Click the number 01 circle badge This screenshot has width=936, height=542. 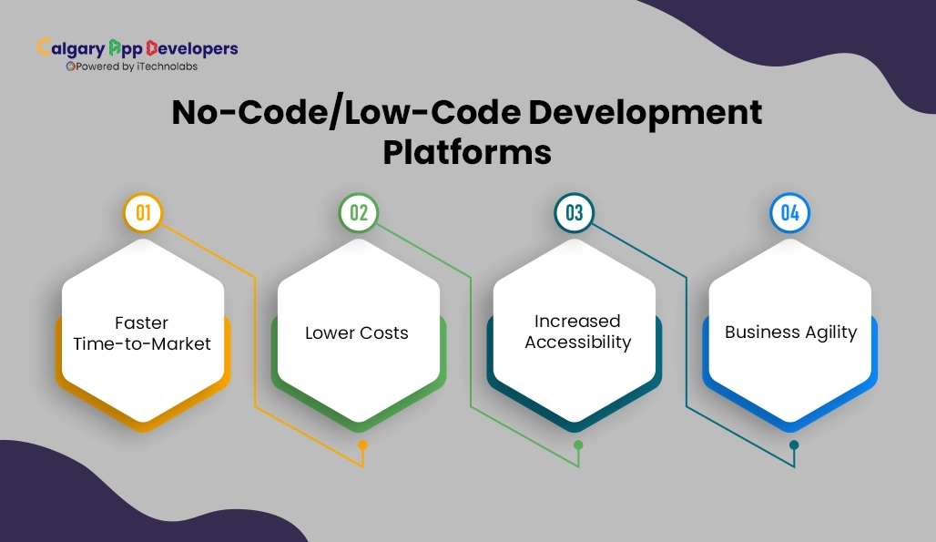click(143, 213)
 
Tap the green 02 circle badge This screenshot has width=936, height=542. click(359, 213)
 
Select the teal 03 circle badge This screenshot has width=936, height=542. click(575, 213)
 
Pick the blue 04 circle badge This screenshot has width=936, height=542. click(790, 213)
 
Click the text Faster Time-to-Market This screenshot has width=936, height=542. click(142, 333)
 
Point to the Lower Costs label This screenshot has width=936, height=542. click(357, 332)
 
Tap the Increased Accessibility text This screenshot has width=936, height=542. click(577, 332)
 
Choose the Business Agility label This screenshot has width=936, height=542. click(790, 332)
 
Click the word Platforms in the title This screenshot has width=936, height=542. click(466, 151)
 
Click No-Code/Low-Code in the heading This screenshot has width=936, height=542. click(347, 112)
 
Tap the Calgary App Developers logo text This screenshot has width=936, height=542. click(137, 48)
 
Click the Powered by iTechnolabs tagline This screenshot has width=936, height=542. click(132, 66)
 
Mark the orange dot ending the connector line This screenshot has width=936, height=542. click(362, 445)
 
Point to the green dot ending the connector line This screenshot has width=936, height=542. click(578, 445)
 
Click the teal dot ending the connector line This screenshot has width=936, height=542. click(794, 445)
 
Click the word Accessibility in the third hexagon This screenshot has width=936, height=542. click(577, 343)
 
